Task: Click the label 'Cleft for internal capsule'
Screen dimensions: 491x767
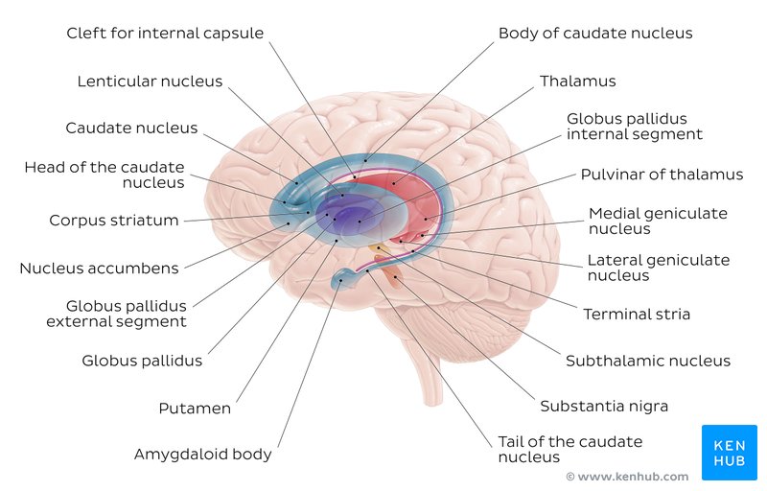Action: tap(164, 34)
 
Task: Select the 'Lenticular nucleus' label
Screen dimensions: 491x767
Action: tap(150, 82)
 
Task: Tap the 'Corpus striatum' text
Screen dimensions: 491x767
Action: tap(114, 221)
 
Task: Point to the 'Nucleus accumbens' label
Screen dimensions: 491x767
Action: tap(99, 268)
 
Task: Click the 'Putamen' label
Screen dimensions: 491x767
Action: tap(195, 409)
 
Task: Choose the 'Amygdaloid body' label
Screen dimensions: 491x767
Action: tap(202, 454)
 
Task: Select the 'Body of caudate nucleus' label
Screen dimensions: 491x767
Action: tap(594, 34)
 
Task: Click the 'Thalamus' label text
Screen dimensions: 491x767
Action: tap(577, 82)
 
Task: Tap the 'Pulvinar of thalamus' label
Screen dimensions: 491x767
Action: tap(662, 175)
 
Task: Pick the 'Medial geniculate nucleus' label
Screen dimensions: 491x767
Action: tap(658, 221)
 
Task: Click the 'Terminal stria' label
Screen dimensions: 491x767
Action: tap(637, 314)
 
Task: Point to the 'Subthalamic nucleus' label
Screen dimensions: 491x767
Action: tap(647, 362)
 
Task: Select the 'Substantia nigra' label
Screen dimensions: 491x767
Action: tap(603, 406)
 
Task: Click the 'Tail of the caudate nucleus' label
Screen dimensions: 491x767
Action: tap(569, 449)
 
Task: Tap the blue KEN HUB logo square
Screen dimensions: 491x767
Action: tap(730, 453)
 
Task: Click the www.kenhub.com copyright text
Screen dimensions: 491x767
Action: tap(627, 477)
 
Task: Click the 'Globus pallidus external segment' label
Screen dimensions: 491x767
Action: tap(116, 314)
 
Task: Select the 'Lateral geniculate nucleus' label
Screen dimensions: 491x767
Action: tap(658, 268)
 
